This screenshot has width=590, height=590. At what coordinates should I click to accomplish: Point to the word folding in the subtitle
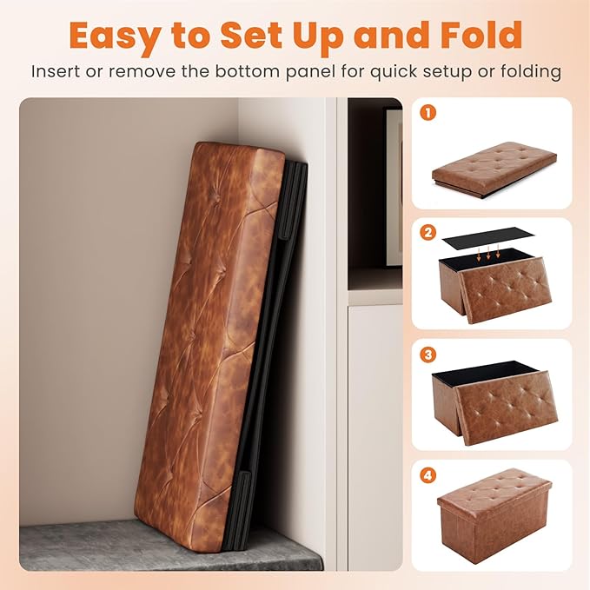pos(531,72)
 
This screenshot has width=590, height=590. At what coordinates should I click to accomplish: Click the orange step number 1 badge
pos(428,112)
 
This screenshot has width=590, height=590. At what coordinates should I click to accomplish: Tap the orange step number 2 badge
pos(428,233)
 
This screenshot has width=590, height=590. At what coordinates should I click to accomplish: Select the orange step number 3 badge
pos(428,355)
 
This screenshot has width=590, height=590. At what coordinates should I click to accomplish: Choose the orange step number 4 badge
pos(428,475)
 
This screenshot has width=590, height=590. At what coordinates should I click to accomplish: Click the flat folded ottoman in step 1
pos(494,169)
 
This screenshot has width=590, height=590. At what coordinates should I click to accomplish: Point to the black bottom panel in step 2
pos(488,239)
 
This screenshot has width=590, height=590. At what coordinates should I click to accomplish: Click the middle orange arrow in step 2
pos(488,253)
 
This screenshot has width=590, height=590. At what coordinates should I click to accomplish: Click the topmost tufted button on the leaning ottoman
pos(219,197)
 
